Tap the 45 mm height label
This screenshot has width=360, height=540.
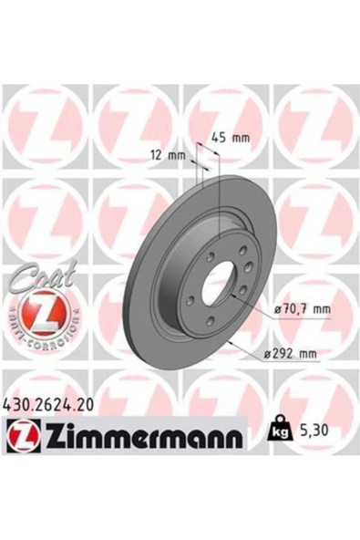click(x=230, y=138)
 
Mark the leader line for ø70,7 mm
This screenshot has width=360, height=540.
click(x=255, y=305)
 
